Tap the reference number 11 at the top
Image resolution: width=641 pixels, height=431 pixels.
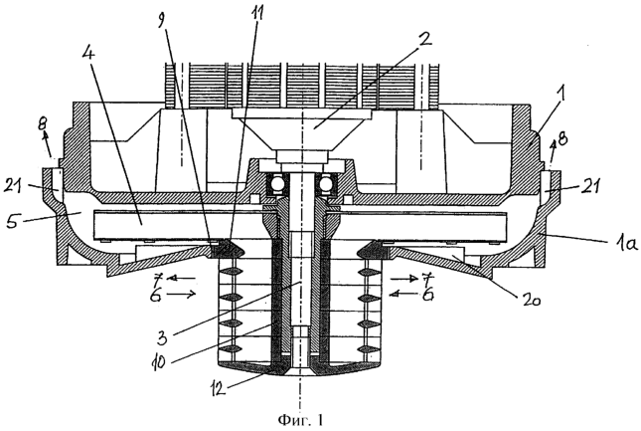[x=257, y=14]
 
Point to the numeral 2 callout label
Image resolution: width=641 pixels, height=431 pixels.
[x=422, y=40]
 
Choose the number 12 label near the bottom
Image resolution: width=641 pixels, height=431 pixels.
[x=219, y=388]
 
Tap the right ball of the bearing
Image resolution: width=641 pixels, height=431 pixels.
[x=326, y=184]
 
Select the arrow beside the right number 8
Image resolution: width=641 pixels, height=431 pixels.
[x=553, y=153]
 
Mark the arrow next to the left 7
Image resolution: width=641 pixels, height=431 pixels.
[x=182, y=279]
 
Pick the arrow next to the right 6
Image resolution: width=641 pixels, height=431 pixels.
[x=403, y=293]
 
